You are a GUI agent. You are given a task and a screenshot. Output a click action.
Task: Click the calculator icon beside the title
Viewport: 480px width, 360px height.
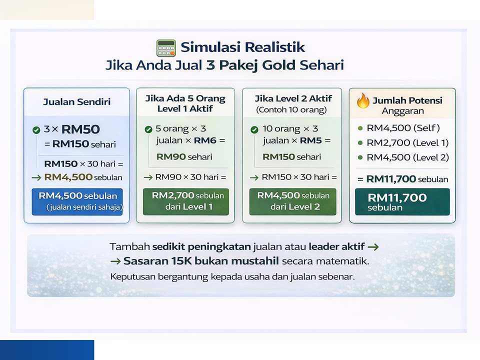(x=166, y=48)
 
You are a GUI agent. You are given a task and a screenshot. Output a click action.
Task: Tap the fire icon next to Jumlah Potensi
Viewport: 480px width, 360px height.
(x=363, y=100)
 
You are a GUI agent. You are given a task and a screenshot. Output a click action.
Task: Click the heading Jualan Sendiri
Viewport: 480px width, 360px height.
(x=77, y=101)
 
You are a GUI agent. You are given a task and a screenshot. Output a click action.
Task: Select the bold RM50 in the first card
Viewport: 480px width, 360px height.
(x=80, y=129)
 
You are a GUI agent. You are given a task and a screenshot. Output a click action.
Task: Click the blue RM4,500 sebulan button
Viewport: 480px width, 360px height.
(x=77, y=201)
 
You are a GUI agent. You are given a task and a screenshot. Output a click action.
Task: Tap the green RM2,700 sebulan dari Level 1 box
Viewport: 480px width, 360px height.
(x=186, y=201)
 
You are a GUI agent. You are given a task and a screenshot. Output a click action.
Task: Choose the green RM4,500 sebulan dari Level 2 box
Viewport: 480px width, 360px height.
(x=292, y=201)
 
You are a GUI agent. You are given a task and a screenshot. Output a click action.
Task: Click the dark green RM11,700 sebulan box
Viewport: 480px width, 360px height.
(x=402, y=201)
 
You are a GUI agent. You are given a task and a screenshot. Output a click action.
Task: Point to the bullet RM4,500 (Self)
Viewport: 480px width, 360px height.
(x=399, y=128)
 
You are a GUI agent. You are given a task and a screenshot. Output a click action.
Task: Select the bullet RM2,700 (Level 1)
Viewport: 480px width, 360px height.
(x=403, y=142)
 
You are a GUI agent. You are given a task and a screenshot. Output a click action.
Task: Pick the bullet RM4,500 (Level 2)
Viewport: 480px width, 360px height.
(x=403, y=157)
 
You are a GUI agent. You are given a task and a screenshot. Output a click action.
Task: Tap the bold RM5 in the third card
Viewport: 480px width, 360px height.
(x=311, y=140)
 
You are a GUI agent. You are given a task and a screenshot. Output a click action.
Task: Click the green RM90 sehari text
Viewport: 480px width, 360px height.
(x=184, y=156)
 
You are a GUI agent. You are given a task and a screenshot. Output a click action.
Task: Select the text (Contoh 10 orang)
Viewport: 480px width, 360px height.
(x=291, y=109)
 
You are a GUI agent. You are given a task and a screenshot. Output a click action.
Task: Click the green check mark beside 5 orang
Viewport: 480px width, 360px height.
(x=148, y=129)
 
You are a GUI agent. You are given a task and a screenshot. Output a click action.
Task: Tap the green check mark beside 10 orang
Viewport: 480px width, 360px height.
(x=254, y=130)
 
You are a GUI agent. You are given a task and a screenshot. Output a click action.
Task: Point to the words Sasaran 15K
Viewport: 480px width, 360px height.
(x=158, y=261)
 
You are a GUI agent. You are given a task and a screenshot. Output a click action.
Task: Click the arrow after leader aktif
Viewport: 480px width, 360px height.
(x=373, y=246)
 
